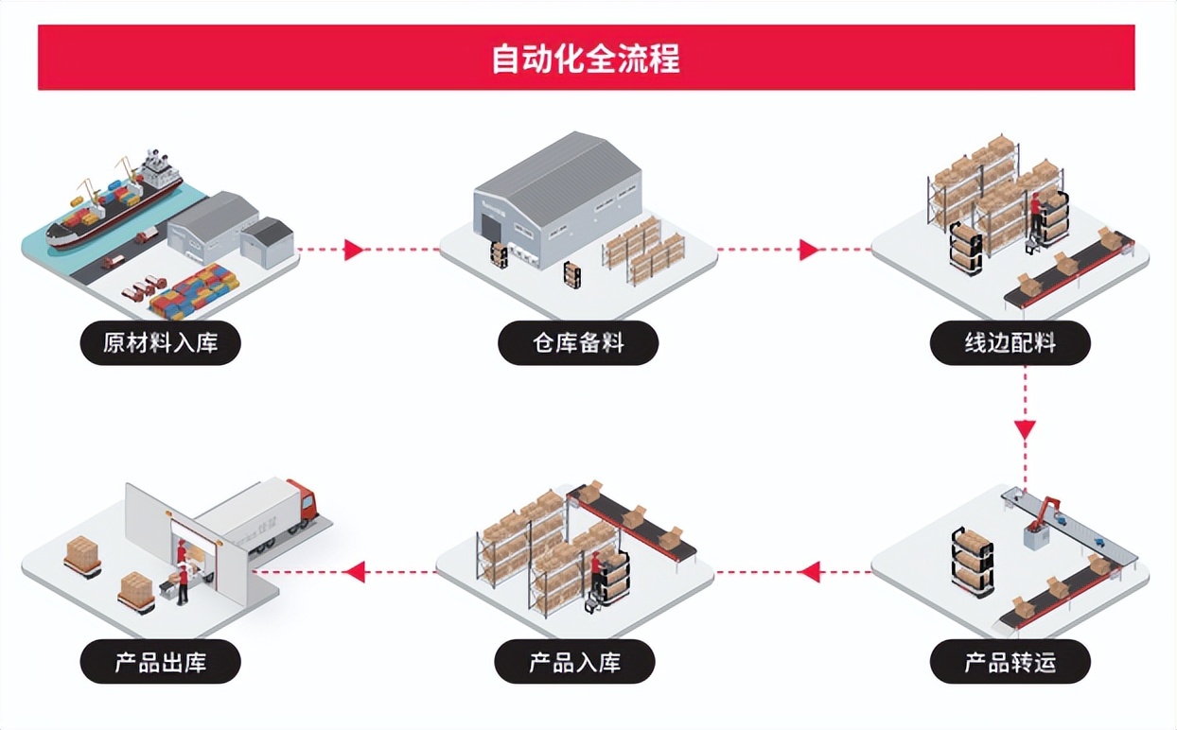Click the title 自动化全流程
coord(586,59)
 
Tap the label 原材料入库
coord(160,342)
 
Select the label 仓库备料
coord(577,342)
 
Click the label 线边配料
coord(1010,342)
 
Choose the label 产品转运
coord(1010,661)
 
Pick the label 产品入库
coord(575,661)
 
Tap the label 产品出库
coord(160,661)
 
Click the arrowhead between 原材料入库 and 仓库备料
coord(354,250)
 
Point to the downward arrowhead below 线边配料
coord(1026,428)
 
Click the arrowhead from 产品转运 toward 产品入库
coord(809,571)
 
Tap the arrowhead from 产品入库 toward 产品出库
coord(355,571)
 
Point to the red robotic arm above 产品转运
coord(1043,512)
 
